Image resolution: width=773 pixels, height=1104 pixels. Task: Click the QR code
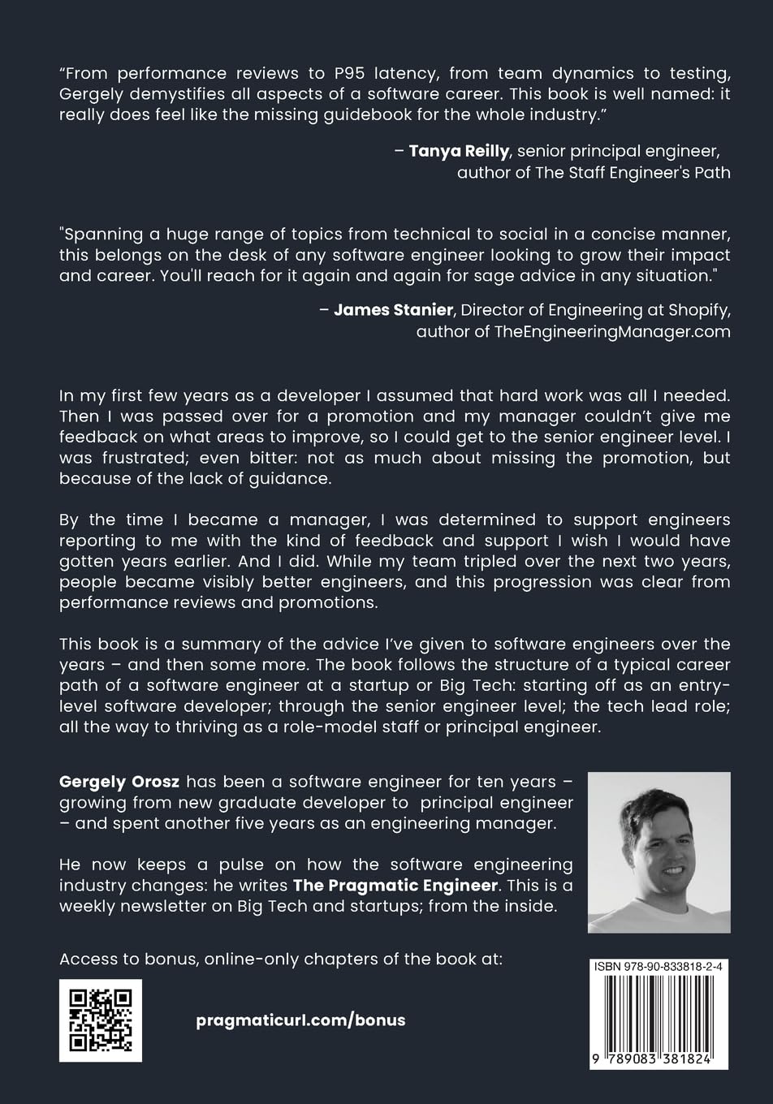101,1020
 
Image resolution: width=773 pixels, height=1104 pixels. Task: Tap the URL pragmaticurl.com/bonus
300,1020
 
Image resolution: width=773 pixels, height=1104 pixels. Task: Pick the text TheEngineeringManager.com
612,331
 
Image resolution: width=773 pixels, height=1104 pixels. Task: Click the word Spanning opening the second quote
102,234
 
